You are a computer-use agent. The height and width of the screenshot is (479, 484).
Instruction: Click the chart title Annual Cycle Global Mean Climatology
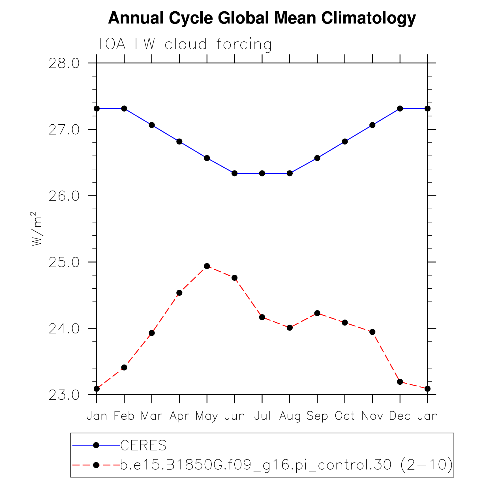pos(262,18)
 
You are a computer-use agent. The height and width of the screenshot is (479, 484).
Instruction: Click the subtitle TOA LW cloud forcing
pos(184,44)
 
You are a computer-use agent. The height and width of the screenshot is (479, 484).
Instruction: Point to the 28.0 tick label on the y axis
pos(64,63)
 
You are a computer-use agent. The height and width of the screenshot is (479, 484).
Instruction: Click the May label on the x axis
pos(207,416)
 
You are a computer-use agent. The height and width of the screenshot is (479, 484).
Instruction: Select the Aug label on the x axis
pos(290,416)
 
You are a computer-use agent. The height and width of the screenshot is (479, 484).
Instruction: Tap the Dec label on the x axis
pos(400,416)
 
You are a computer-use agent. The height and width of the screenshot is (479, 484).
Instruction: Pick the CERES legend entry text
pos(144,445)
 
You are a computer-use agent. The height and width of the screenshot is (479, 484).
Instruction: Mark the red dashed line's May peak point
pos(207,266)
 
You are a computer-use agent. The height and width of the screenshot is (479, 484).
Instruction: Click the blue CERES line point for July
pos(262,173)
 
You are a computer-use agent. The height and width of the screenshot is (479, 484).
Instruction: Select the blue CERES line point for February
pos(124,108)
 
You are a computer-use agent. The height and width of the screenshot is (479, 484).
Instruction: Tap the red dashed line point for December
pos(400,382)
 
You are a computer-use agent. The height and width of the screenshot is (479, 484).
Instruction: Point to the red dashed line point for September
pos(317,313)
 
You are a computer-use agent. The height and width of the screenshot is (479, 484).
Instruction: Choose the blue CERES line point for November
pos(372,125)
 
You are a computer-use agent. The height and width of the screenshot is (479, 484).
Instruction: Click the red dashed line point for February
pos(124,367)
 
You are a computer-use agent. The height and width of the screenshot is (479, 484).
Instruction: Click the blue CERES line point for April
pos(179,141)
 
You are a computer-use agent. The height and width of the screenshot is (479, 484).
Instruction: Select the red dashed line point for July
pos(262,317)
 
